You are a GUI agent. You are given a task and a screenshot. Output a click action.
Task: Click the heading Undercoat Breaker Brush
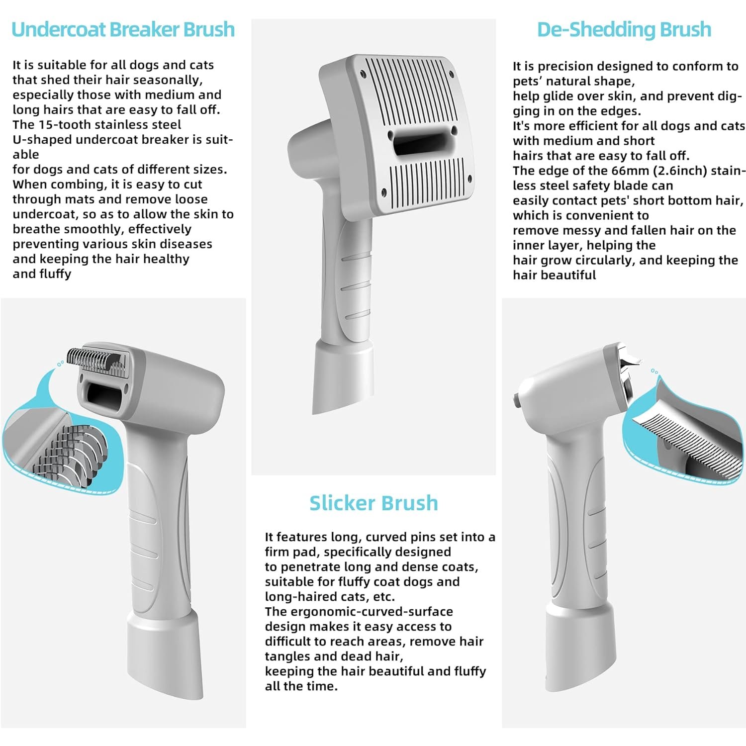click(123, 29)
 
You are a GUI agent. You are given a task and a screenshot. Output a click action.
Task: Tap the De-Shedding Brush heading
click(624, 30)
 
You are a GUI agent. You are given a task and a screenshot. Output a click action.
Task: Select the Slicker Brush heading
click(373, 503)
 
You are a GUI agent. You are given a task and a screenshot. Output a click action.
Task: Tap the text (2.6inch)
click(655, 171)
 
